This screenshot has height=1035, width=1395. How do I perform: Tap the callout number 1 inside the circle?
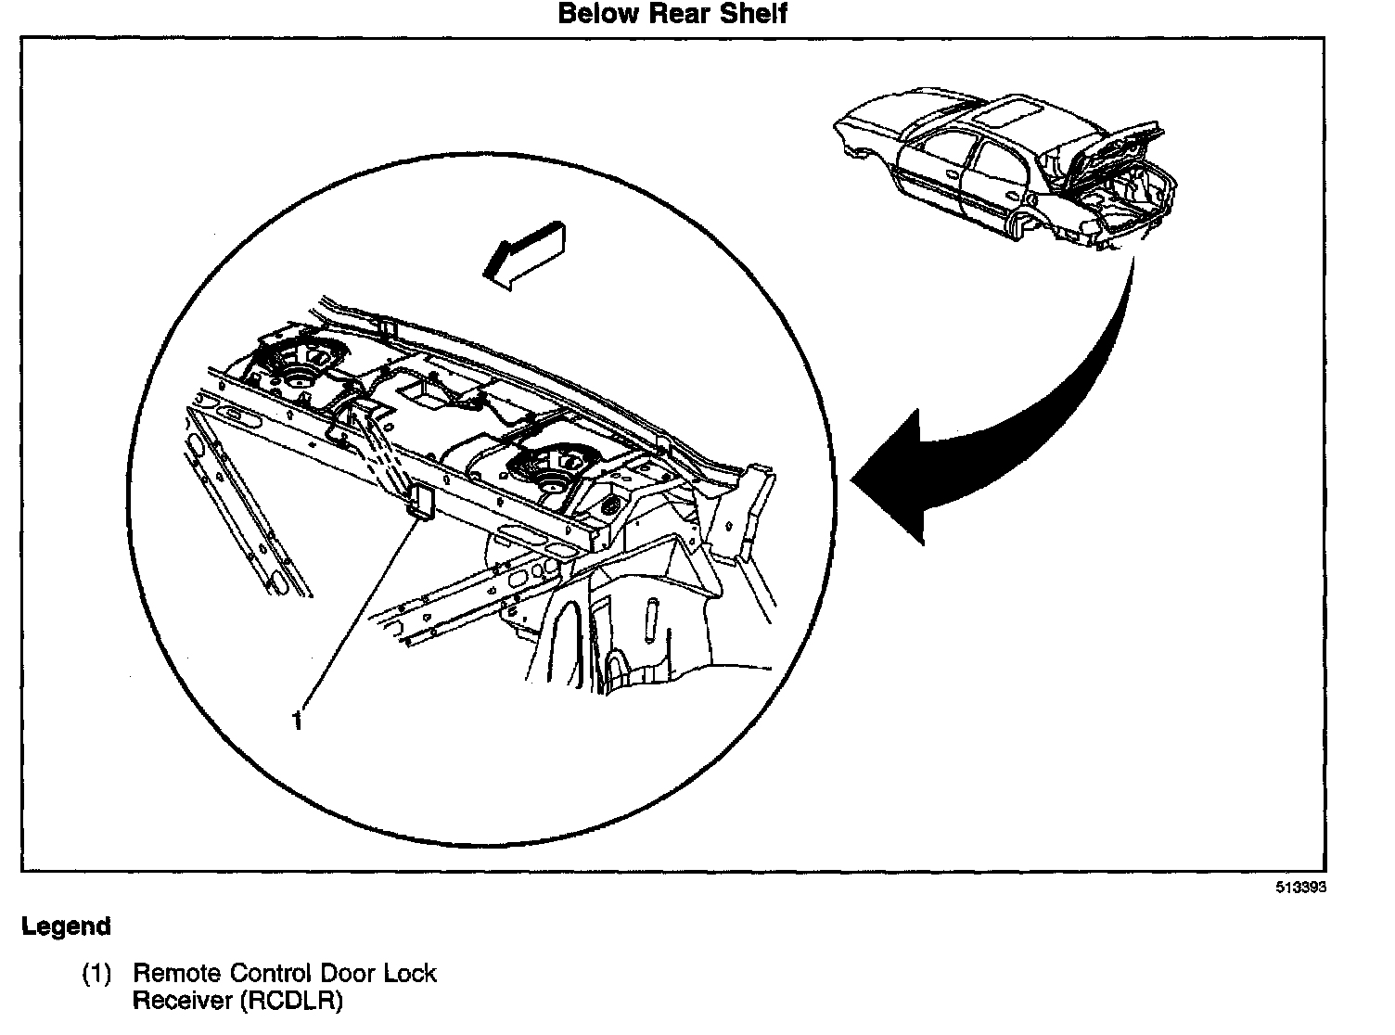(x=297, y=720)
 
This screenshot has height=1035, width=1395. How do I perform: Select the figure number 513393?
(x=1299, y=888)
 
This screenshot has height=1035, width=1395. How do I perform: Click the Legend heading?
(x=66, y=926)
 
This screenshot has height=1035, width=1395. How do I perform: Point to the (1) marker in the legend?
(x=96, y=974)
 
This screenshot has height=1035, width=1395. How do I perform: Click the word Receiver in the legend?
(x=177, y=1002)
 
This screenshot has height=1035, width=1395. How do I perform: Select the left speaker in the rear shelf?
(x=301, y=365)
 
